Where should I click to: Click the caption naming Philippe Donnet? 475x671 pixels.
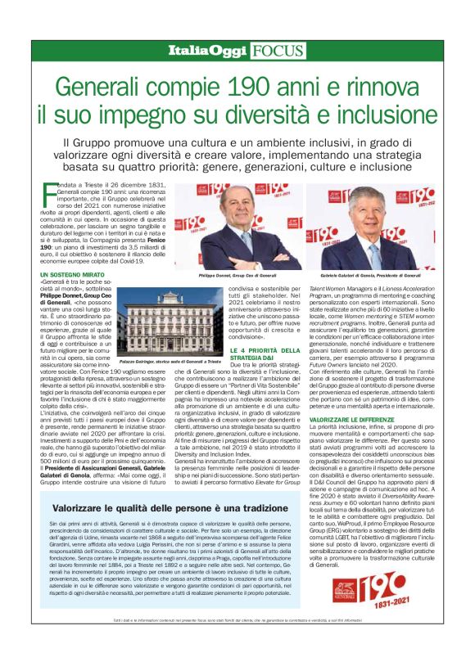(238, 277)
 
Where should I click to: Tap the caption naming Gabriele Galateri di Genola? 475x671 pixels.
(371, 277)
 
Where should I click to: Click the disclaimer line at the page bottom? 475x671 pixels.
(237, 651)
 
